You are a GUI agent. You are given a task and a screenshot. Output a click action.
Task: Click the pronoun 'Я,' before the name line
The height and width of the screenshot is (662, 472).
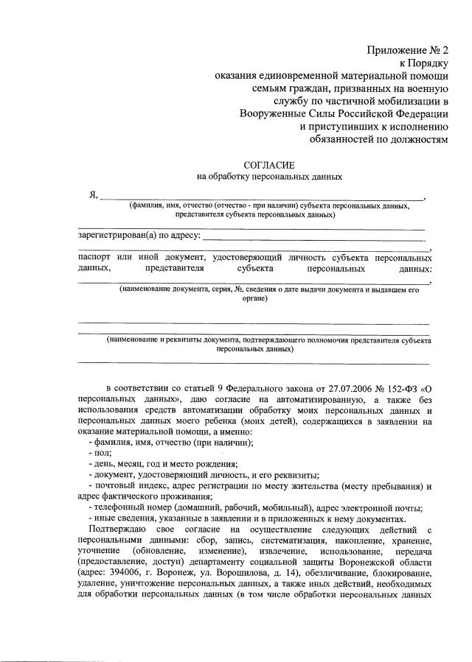coord(92,194)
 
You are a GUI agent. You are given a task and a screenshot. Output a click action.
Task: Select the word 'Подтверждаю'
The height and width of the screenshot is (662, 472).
coord(119,530)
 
